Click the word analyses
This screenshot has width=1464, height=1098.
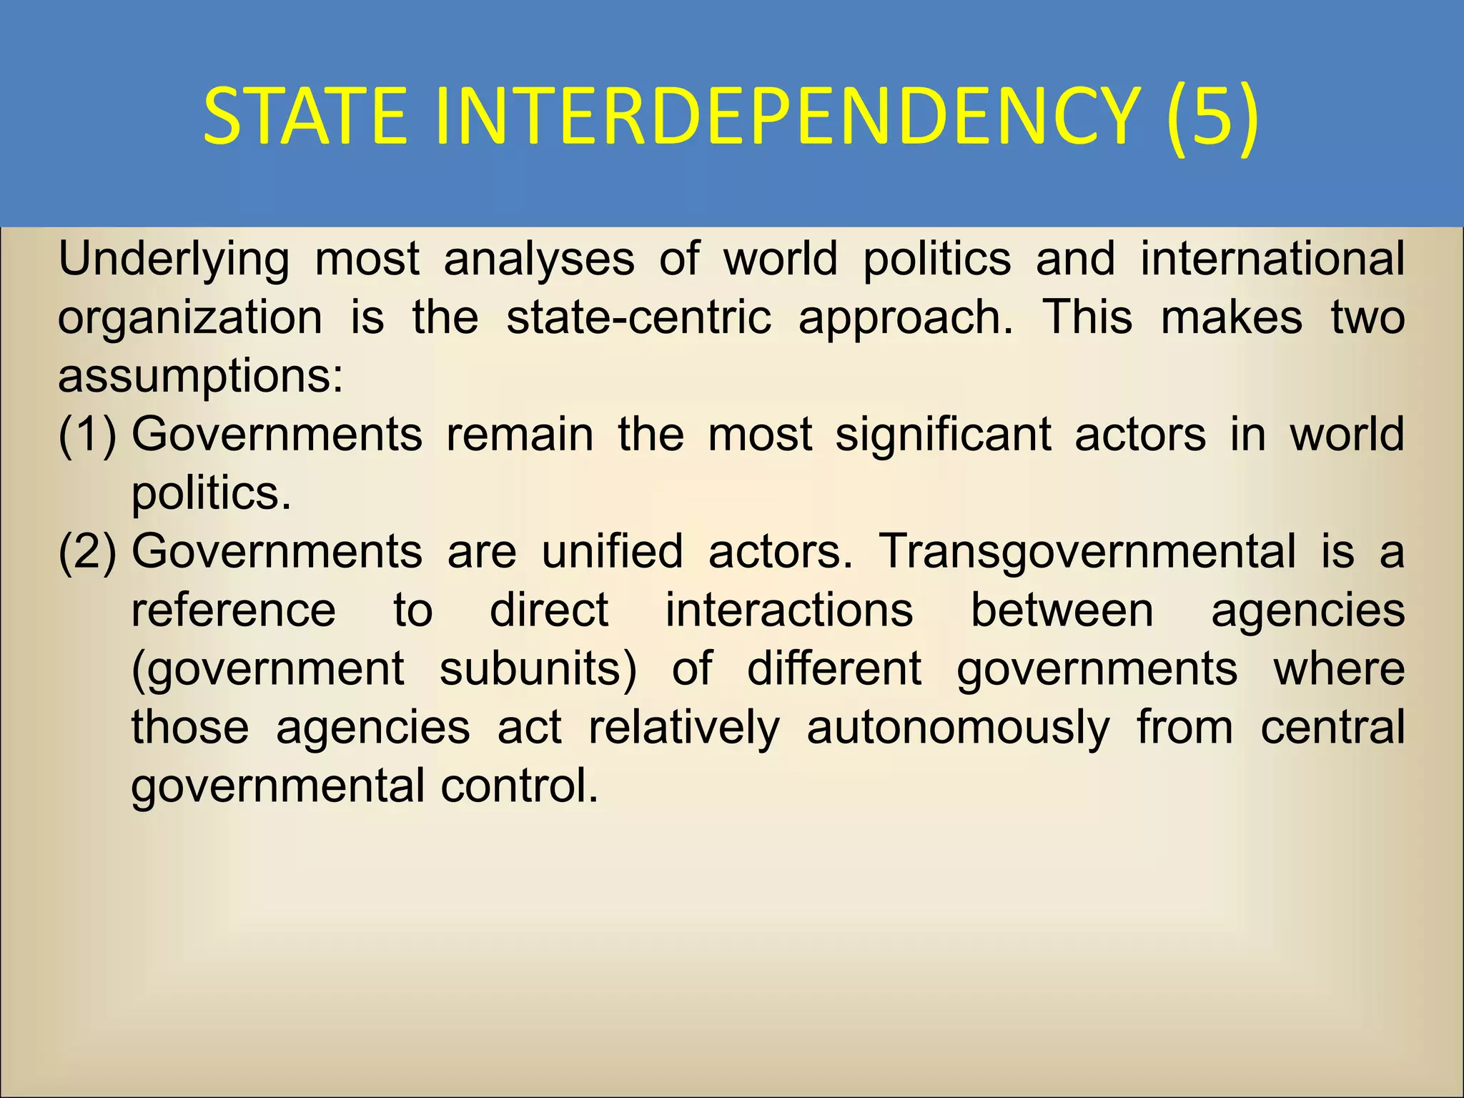pos(539,259)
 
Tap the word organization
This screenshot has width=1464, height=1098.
pos(190,318)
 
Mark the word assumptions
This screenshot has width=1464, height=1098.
pos(200,377)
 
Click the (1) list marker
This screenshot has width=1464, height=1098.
pos(87,435)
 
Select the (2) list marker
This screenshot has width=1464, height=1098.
pos(87,552)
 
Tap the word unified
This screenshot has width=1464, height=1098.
pos(612,551)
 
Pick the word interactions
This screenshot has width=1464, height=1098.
pos(789,610)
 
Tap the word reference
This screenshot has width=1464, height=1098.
pos(234,610)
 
